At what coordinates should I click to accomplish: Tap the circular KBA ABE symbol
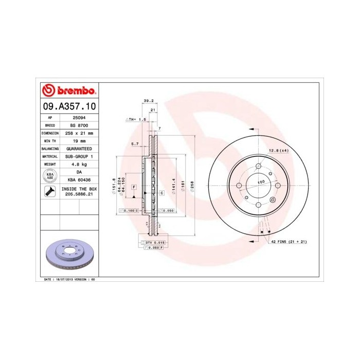click(x=50, y=175)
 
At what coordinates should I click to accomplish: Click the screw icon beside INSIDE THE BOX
click(x=50, y=192)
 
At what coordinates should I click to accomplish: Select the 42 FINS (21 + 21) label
click(x=289, y=241)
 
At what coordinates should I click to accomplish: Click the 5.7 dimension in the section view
click(x=135, y=143)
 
